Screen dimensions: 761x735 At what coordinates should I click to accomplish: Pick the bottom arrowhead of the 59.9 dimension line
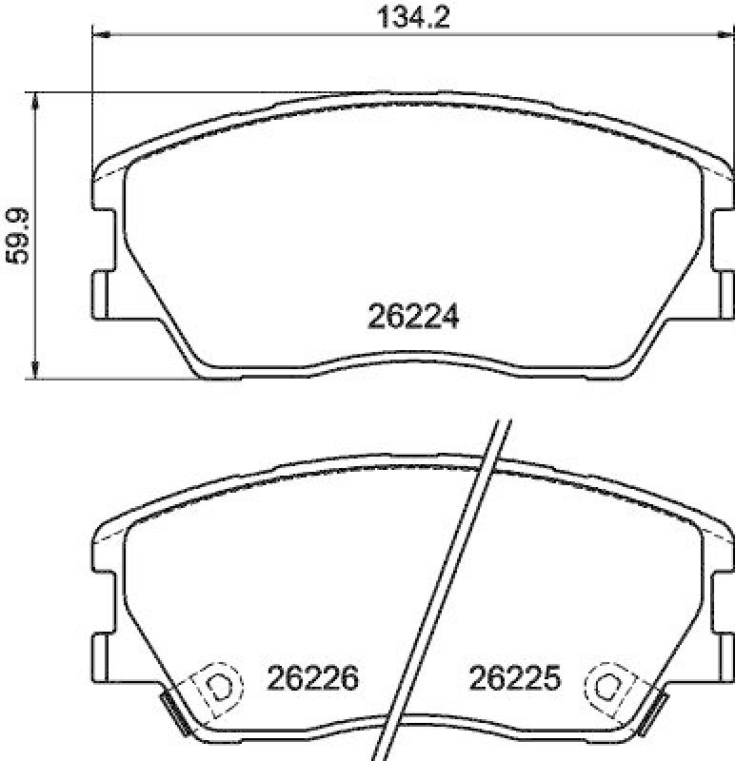coord(35,372)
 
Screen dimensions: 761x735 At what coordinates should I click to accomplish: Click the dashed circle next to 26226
coord(218,685)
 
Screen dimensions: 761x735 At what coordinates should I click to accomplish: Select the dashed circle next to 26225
coord(608,685)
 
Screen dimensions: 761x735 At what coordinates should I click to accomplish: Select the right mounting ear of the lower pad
coord(724,654)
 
